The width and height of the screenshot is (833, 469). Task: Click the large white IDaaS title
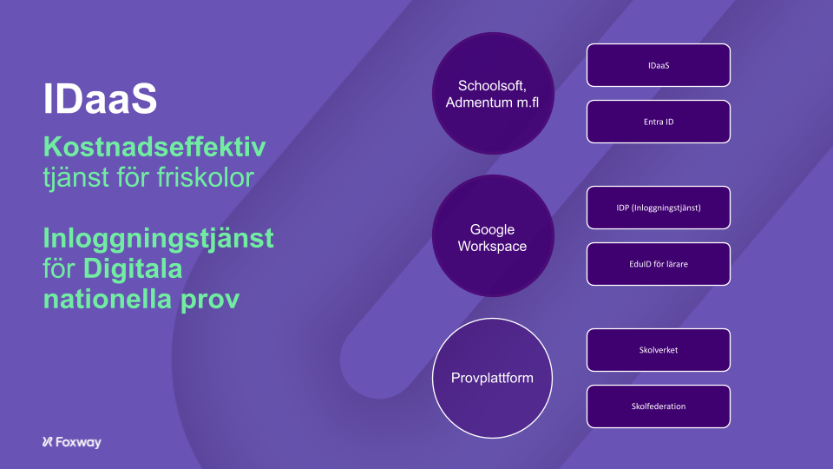pyautogui.click(x=100, y=98)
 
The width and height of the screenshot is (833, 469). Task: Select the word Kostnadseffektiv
pyautogui.click(x=154, y=147)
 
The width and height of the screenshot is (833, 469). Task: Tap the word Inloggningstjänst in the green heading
pyautogui.click(x=158, y=239)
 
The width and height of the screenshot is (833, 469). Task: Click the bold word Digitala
pyautogui.click(x=133, y=268)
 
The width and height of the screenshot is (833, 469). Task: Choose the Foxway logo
pyautogui.click(x=72, y=442)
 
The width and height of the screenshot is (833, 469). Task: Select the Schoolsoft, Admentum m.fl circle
pyautogui.click(x=493, y=94)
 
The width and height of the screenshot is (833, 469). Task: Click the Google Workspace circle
pyautogui.click(x=493, y=236)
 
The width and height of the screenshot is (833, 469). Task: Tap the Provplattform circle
pyautogui.click(x=493, y=378)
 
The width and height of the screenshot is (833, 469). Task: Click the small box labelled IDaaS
pyautogui.click(x=659, y=65)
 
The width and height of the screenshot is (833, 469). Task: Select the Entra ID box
pyautogui.click(x=659, y=122)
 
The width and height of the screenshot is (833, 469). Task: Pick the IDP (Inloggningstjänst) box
pyautogui.click(x=659, y=208)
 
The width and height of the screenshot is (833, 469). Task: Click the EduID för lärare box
pyautogui.click(x=659, y=264)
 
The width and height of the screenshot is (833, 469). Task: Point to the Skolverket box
pyautogui.click(x=659, y=350)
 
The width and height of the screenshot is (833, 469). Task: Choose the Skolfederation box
pyautogui.click(x=659, y=406)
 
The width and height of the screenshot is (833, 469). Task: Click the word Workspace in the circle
pyautogui.click(x=493, y=246)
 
